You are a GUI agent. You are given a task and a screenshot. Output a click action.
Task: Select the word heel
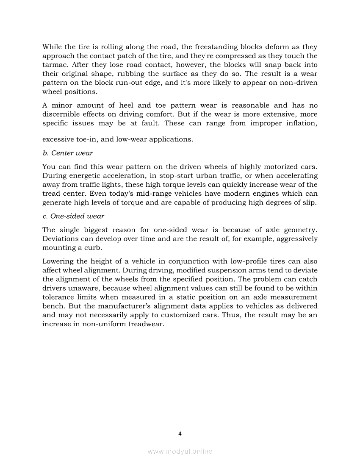coord(127,105)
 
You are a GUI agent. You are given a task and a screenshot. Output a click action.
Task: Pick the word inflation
coord(300,123)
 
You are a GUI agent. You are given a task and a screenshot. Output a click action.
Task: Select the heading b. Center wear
coord(68,153)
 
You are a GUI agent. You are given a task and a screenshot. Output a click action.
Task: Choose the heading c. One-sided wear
coord(73,216)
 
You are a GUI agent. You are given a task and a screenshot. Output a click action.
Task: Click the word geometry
coord(300,230)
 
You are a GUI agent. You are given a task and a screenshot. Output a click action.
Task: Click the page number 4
coord(180,433)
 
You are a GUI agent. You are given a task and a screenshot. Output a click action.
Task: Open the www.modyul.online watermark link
coord(180,452)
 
